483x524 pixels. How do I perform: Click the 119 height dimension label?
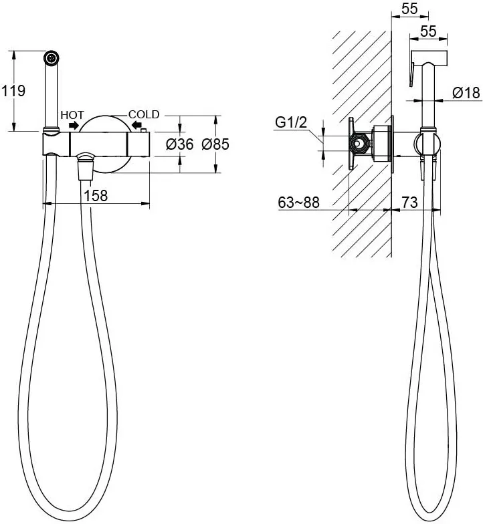(13, 91)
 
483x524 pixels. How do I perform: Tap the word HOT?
(72, 115)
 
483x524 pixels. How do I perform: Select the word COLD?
(144, 114)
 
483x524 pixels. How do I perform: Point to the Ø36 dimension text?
(180, 144)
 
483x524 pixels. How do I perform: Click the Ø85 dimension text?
(215, 144)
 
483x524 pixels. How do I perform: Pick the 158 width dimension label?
(96, 195)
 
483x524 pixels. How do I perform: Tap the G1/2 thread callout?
(291, 123)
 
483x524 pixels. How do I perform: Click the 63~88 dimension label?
(298, 202)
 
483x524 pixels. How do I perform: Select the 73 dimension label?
(409, 202)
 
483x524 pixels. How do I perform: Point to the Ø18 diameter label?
(467, 92)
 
